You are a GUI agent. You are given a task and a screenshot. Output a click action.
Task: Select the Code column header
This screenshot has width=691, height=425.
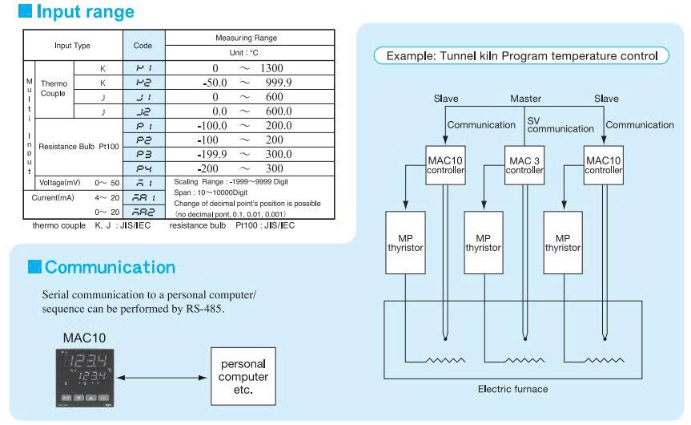(143, 46)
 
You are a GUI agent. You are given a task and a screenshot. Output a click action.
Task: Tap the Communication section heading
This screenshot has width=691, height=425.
(110, 267)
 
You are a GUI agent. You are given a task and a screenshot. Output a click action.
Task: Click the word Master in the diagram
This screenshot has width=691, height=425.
(525, 99)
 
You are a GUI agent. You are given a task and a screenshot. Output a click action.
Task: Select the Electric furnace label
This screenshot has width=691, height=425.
(512, 389)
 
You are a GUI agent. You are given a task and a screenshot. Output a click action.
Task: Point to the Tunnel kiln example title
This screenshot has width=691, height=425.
(522, 56)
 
